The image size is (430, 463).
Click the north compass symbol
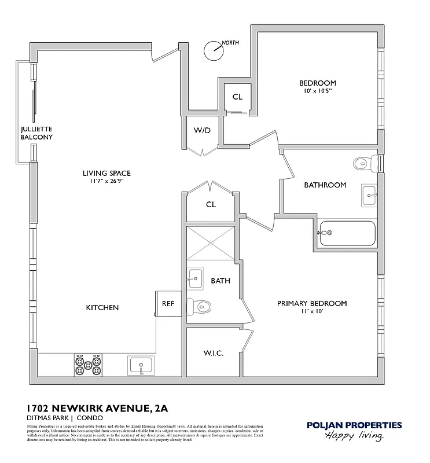215,50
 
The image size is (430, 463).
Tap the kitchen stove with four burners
88,365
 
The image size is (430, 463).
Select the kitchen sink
141,366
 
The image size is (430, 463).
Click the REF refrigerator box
167,304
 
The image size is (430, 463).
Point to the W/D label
202,130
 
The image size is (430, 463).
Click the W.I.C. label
214,353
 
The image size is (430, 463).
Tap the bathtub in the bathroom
347,233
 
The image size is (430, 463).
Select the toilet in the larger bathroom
365,163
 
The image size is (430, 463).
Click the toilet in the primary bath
200,305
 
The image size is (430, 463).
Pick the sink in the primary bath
194,278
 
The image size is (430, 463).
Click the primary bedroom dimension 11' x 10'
311,312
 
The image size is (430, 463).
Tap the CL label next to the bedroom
237,97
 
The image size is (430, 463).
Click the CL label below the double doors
211,204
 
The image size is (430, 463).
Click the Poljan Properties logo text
354,426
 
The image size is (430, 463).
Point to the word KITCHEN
102,307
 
